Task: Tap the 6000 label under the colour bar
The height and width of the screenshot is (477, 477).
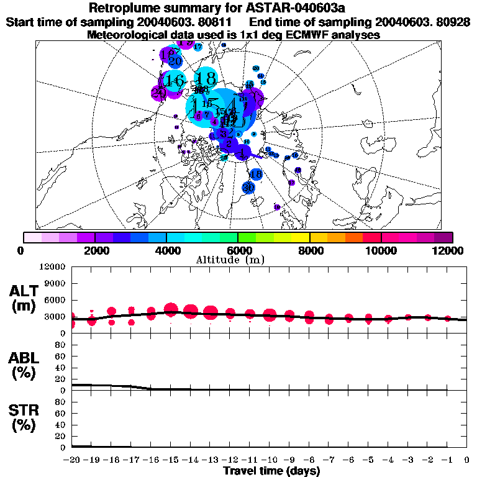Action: coord(238,250)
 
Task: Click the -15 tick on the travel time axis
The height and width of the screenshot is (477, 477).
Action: coord(171,460)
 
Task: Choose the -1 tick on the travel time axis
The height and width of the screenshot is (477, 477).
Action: coord(447,460)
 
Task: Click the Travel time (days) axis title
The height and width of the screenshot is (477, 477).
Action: coord(271,471)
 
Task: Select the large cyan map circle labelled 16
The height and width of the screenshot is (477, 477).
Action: coord(175,80)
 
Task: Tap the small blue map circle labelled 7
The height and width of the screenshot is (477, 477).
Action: coord(207,115)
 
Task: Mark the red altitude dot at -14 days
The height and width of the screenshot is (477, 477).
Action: coord(191,311)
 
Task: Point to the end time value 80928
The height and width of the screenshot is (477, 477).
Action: coord(453,22)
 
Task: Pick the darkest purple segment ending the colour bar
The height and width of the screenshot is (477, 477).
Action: coord(443,237)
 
